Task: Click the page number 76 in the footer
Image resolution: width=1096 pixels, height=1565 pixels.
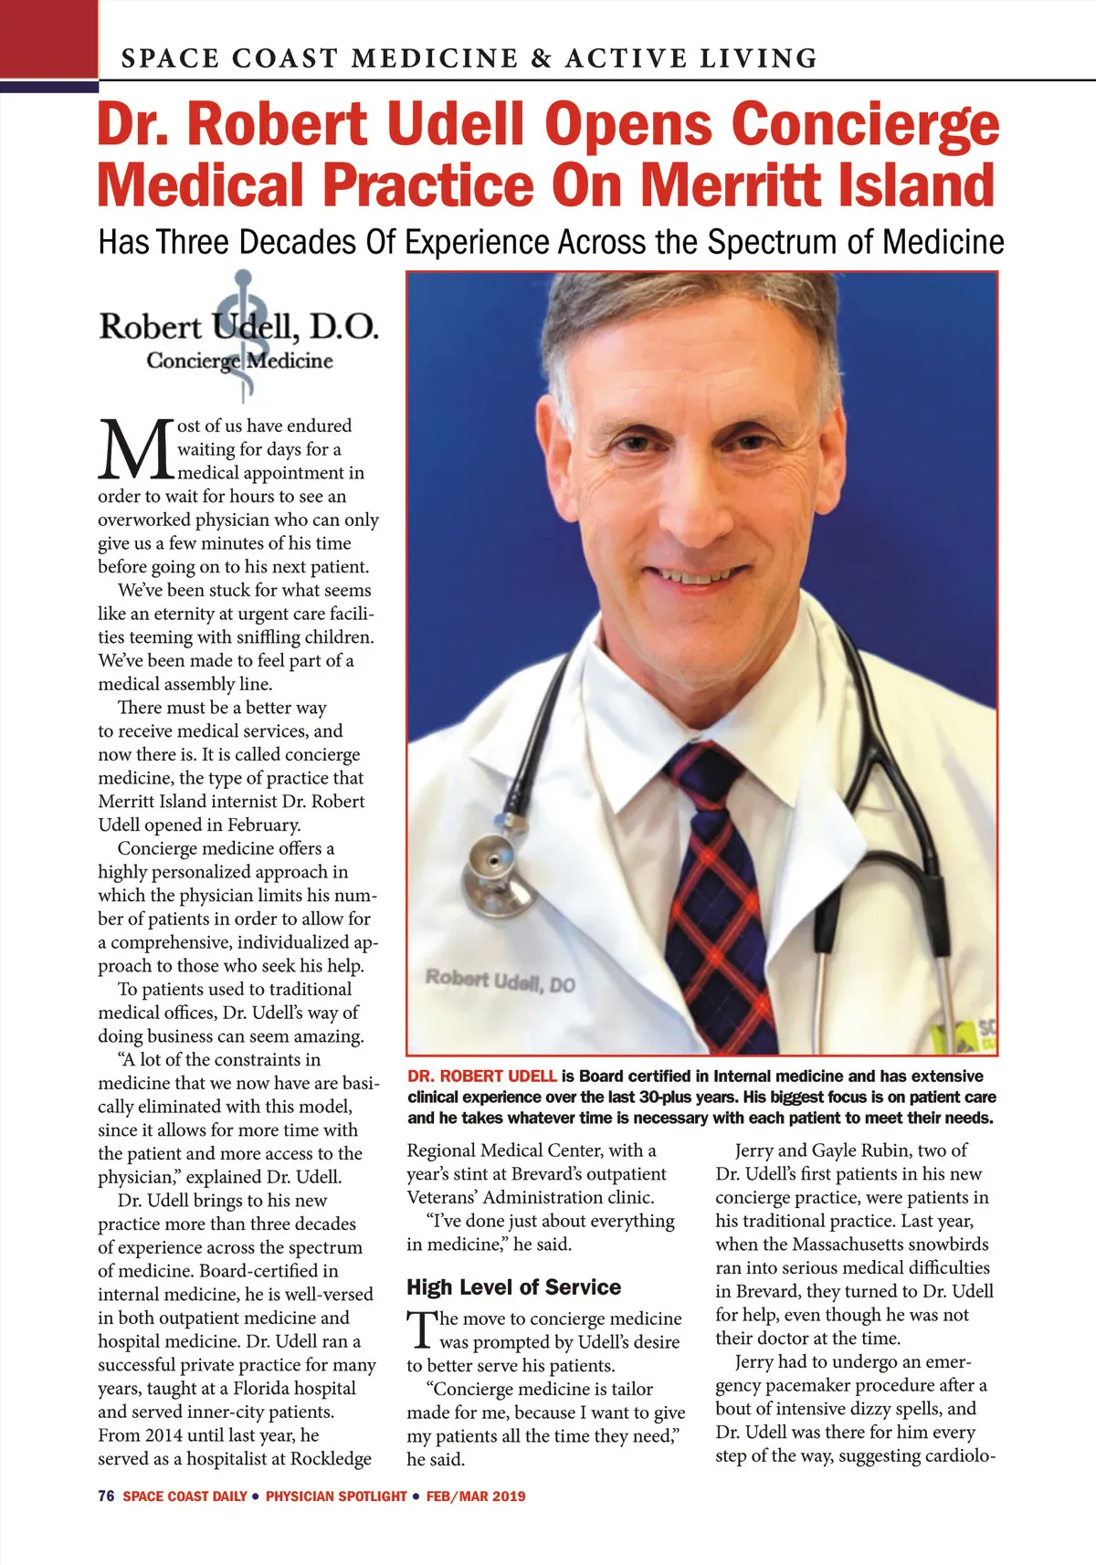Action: click(106, 1496)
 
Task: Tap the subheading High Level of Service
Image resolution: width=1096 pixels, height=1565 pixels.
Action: click(513, 1287)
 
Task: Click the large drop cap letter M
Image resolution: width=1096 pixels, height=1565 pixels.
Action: click(136, 449)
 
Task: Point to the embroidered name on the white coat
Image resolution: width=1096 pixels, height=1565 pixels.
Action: click(500, 982)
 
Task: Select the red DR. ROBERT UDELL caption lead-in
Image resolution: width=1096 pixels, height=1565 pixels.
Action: click(481, 1077)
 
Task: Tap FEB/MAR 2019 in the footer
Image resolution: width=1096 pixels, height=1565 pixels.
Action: click(476, 1496)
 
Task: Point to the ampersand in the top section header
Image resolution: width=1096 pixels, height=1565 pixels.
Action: click(541, 58)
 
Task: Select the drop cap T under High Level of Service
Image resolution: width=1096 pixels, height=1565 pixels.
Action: click(421, 1330)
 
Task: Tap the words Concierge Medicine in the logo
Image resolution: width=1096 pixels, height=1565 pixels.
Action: click(239, 361)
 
